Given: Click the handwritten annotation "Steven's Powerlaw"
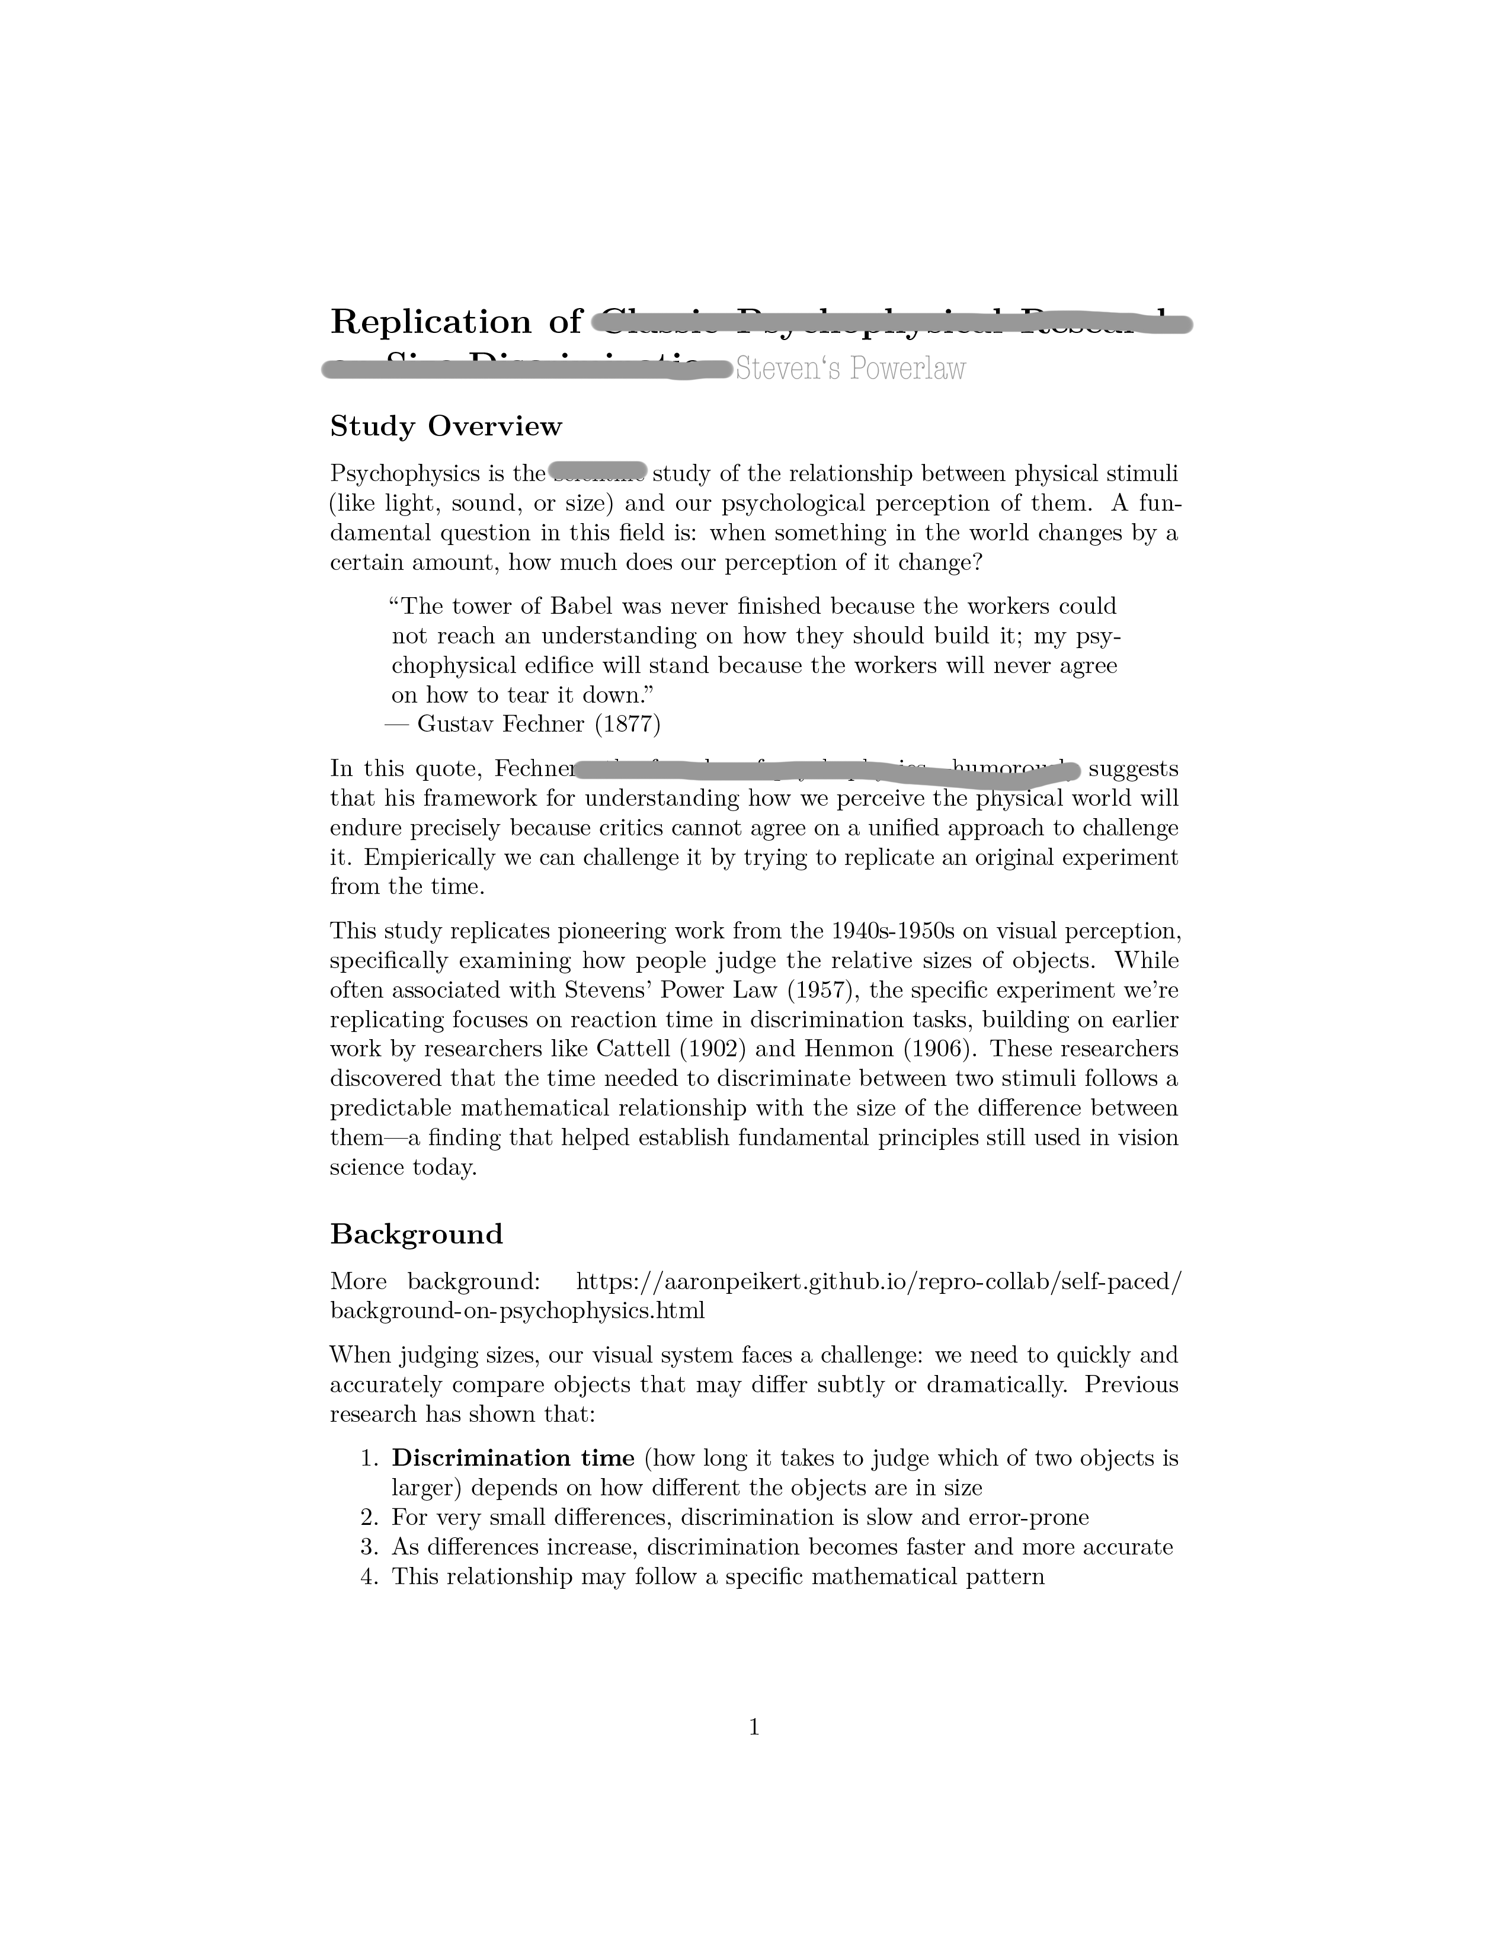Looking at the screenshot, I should [850, 369].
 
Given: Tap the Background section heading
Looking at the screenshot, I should [416, 1235].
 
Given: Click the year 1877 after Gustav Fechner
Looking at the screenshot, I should [628, 724].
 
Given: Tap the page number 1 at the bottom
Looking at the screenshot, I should [754, 1728].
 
